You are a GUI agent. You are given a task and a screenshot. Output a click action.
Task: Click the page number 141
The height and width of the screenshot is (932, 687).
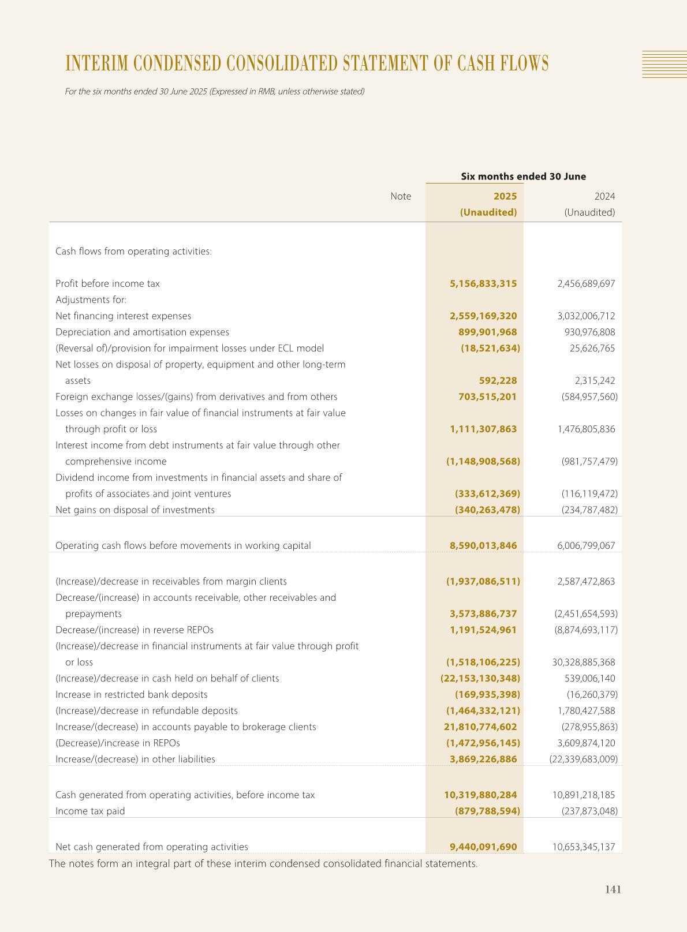pos(613,889)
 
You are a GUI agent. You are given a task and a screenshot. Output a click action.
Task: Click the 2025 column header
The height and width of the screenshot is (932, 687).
pos(505,196)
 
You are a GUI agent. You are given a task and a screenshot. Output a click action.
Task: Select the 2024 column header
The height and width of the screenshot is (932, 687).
pos(604,196)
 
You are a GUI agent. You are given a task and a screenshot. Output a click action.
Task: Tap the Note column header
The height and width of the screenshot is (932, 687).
pos(401,196)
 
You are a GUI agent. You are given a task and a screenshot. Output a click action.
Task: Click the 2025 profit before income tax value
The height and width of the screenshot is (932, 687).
pos(483,283)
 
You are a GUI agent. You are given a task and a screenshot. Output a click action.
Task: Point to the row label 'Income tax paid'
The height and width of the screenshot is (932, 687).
pos(90,811)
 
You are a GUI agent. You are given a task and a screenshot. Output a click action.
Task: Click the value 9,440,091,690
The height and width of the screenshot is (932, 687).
pos(483,847)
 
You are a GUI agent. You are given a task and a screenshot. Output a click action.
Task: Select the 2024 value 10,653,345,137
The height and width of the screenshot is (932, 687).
pos(584,847)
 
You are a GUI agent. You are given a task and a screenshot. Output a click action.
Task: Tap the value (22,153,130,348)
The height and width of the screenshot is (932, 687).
pos(480,678)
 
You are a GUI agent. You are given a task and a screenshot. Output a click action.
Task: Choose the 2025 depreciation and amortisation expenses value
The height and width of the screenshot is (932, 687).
pos(487,332)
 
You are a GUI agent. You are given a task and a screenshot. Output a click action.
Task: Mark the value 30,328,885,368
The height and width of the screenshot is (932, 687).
pos(584,662)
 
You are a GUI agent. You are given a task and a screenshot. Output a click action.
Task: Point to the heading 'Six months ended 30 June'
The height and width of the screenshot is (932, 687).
pos(523,177)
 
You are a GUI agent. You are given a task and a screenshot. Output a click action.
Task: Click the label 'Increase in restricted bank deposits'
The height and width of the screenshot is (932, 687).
pos(131,694)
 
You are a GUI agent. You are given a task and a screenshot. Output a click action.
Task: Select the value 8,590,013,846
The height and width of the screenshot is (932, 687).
pos(483,545)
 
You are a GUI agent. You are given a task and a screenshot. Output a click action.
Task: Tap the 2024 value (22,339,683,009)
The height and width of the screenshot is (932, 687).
pos(583,759)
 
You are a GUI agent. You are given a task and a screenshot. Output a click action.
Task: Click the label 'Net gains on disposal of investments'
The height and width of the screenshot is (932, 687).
pos(135,510)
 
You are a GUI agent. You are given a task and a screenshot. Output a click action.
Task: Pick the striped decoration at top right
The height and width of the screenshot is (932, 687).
pos(664,64)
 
